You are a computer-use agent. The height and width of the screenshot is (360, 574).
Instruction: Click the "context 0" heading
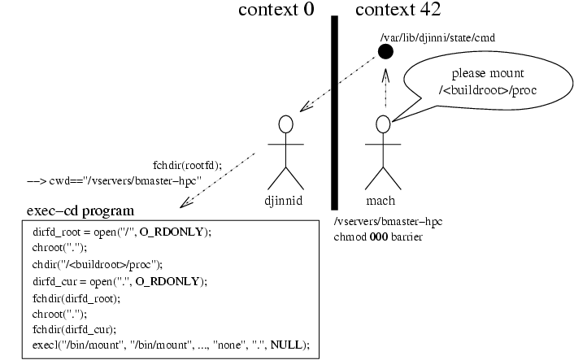pyautogui.click(x=276, y=10)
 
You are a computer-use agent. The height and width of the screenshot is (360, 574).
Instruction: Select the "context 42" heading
pyautogui.click(x=398, y=10)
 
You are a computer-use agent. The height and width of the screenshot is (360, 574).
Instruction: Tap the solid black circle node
pyautogui.click(x=385, y=51)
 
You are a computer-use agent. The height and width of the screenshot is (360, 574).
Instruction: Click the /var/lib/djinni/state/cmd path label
pyautogui.click(x=437, y=37)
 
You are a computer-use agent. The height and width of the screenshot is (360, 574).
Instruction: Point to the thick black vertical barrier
pyautogui.click(x=335, y=113)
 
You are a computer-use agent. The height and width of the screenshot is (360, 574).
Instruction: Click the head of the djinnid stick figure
pyautogui.click(x=286, y=124)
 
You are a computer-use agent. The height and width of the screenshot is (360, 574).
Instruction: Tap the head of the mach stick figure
pyautogui.click(x=383, y=124)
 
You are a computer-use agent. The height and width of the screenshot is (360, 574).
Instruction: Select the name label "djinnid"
pyautogui.click(x=283, y=201)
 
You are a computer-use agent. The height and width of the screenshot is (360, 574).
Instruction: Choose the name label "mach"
pyautogui.click(x=380, y=201)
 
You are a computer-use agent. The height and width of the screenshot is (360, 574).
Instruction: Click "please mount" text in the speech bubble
pyautogui.click(x=488, y=73)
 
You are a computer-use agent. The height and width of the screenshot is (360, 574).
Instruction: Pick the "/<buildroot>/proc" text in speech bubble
pyautogui.click(x=488, y=90)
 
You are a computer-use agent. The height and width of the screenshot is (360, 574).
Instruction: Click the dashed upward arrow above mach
pyautogui.click(x=385, y=88)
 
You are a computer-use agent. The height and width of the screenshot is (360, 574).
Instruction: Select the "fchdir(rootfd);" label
pyautogui.click(x=188, y=166)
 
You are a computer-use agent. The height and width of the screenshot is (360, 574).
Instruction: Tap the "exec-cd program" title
pyautogui.click(x=80, y=211)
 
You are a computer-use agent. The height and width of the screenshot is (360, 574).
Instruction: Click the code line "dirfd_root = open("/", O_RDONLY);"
pyautogui.click(x=122, y=232)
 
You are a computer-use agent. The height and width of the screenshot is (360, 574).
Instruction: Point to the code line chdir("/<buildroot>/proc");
pyautogui.click(x=98, y=264)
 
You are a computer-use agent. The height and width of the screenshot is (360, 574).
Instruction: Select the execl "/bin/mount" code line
pyautogui.click(x=171, y=345)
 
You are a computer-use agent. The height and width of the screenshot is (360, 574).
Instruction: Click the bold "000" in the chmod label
pyautogui.click(x=379, y=237)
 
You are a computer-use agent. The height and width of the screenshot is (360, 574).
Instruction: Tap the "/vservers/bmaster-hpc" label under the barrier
pyautogui.click(x=388, y=222)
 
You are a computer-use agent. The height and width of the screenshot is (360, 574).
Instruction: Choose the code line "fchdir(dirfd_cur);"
pyautogui.click(x=74, y=330)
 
